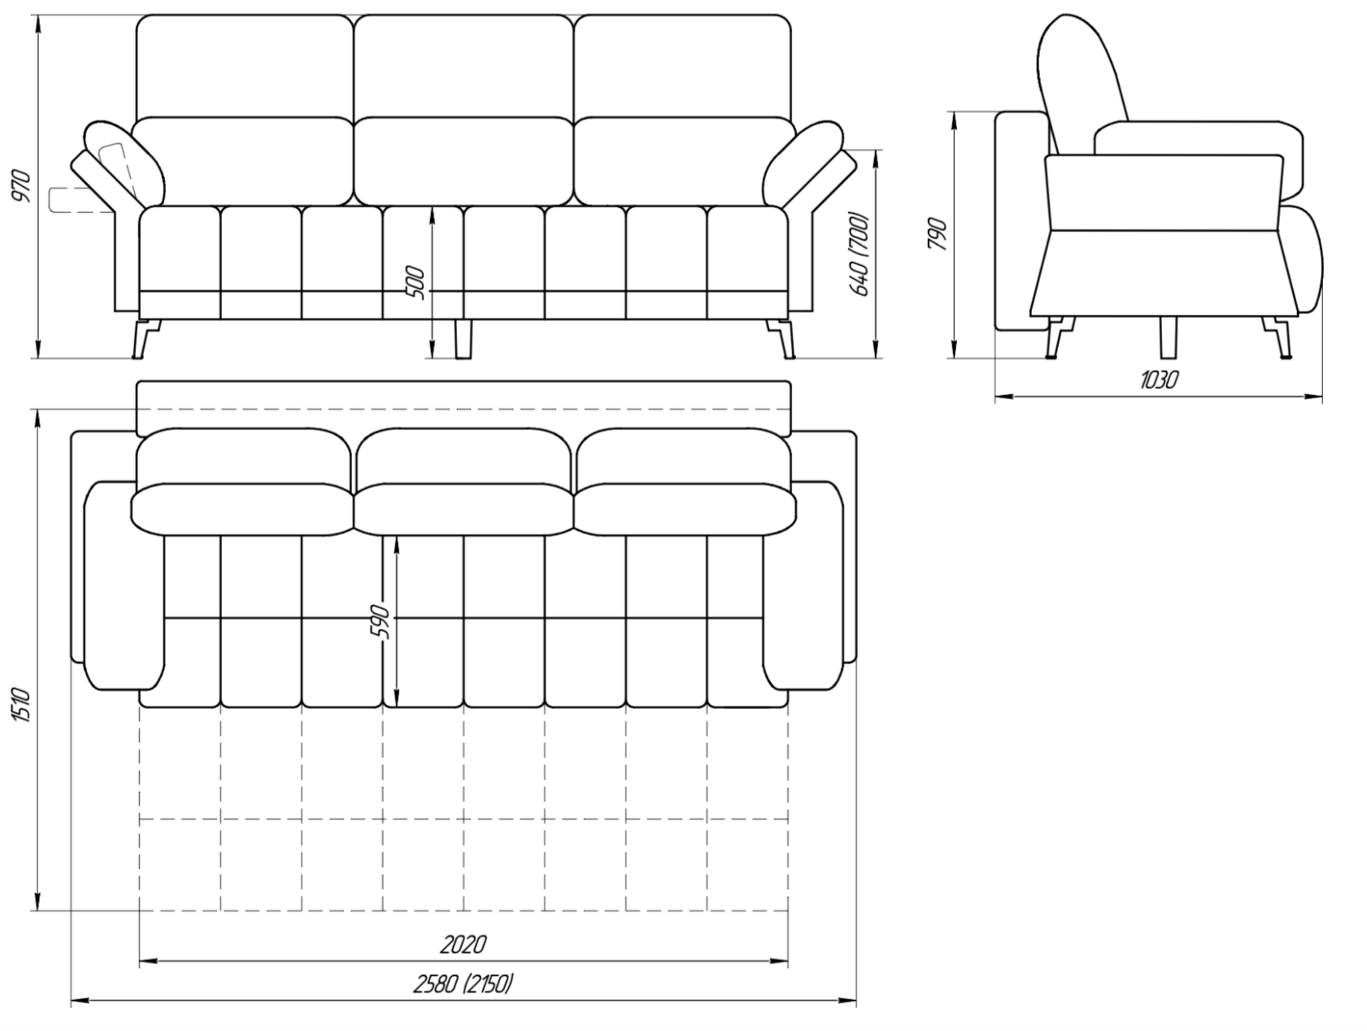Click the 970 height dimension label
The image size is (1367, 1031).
(24, 186)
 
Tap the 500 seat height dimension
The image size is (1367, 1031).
(415, 282)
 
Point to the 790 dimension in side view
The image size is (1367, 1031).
(938, 233)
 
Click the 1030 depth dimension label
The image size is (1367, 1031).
(1158, 380)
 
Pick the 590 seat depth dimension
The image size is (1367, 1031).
(381, 622)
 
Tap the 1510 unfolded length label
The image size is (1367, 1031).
(23, 705)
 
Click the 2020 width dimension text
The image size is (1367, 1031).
(463, 944)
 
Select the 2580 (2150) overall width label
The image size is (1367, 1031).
(464, 985)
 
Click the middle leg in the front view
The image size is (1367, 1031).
(463, 338)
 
